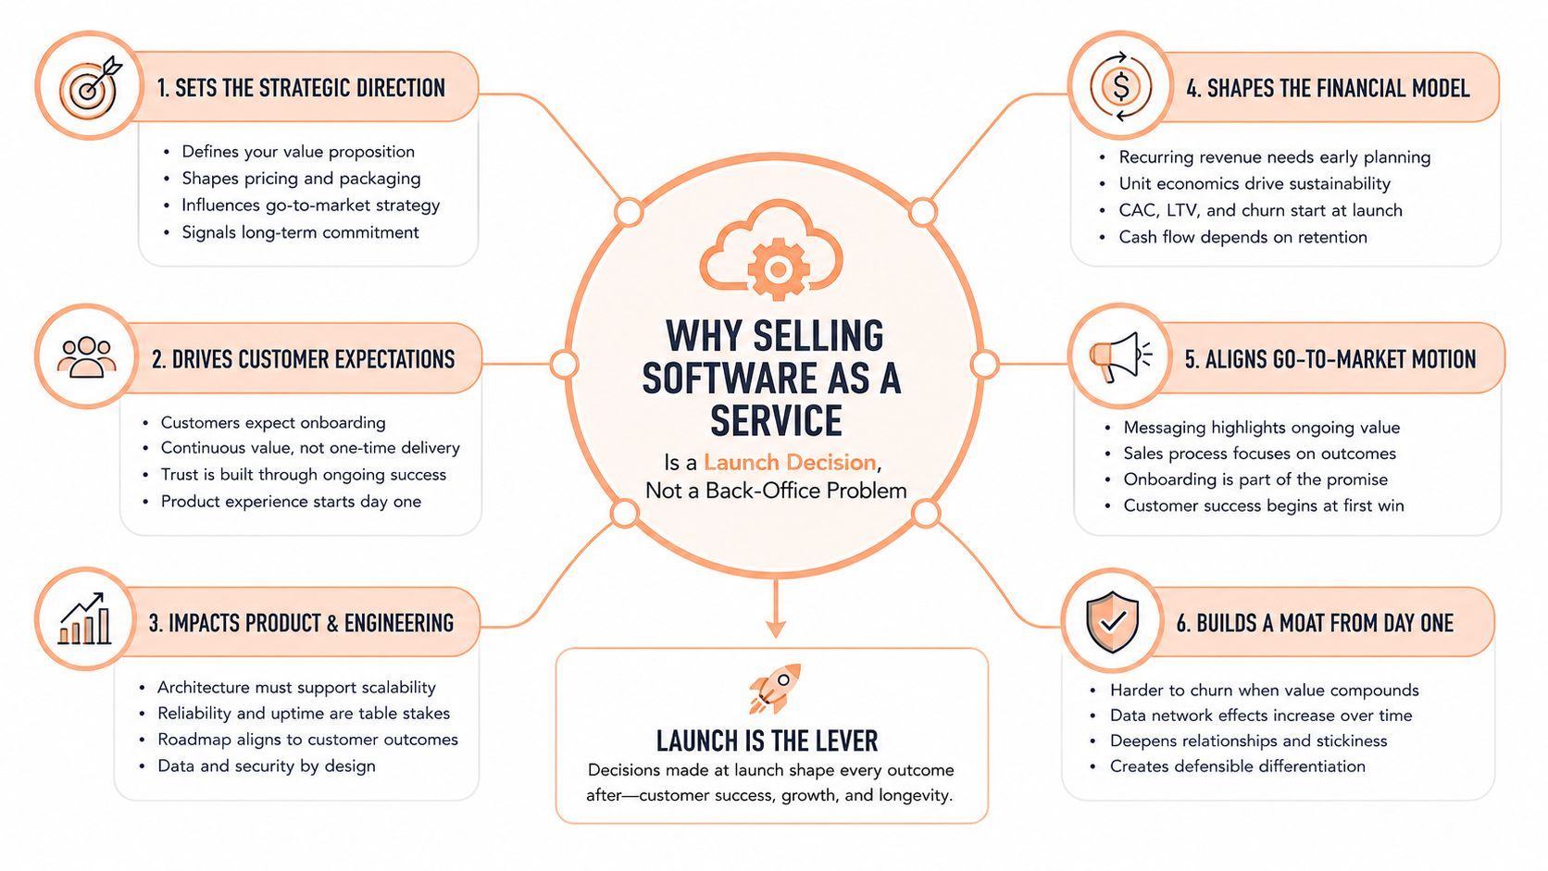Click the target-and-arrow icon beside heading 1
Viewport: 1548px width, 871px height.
(90, 87)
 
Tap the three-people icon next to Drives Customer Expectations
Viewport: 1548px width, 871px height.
(86, 357)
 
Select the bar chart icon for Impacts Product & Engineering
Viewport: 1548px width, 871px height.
(84, 618)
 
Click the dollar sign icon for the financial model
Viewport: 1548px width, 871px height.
(1121, 86)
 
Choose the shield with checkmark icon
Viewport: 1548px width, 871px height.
(1112, 622)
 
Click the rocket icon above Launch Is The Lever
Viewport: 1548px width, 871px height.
(775, 688)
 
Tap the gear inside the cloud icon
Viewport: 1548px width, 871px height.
(778, 269)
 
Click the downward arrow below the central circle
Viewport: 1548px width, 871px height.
(775, 608)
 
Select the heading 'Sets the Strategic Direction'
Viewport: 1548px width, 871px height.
(301, 89)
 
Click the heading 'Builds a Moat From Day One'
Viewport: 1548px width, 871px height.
(1315, 623)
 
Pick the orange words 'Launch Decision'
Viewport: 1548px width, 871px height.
(790, 462)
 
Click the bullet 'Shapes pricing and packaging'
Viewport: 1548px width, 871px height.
(301, 179)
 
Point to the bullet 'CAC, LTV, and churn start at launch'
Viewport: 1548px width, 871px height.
(1260, 210)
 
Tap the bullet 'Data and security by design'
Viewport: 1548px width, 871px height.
(267, 766)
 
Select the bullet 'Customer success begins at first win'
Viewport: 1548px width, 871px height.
(1264, 505)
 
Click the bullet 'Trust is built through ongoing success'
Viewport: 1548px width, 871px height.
(304, 475)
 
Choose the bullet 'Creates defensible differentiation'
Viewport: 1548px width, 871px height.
(1238, 766)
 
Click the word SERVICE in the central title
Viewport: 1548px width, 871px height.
(776, 420)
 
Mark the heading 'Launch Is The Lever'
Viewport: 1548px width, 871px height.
(768, 741)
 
